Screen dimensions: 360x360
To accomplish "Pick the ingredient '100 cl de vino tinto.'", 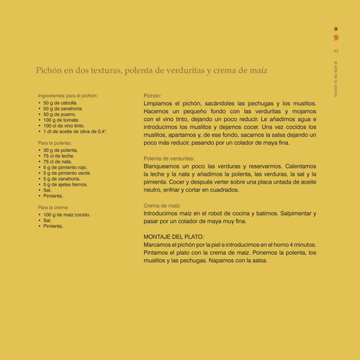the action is (68, 126).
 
